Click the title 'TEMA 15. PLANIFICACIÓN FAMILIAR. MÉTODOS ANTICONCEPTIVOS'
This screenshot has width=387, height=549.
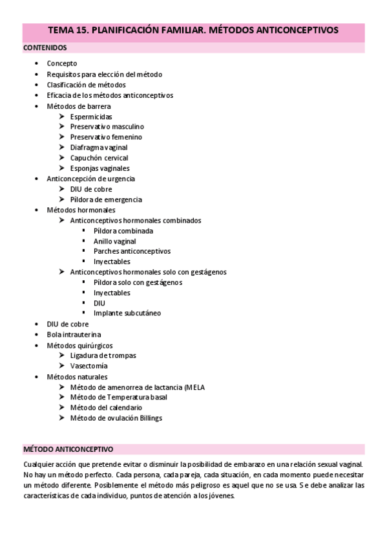point(193,30)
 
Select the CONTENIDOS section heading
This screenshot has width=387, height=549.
point(45,48)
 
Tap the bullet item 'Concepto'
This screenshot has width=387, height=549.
point(62,63)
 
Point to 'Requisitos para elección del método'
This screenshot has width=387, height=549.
point(104,74)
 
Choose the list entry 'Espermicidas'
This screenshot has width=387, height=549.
point(91,117)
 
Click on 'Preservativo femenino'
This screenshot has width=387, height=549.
point(106,137)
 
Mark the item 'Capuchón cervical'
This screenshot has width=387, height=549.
point(99,158)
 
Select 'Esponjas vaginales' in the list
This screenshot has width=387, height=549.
point(99,168)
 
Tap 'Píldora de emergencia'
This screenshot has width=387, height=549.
point(106,199)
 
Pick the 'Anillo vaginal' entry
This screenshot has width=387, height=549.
point(114,241)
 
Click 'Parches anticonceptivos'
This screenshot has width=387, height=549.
point(132,251)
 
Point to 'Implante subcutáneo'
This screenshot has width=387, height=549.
point(127,313)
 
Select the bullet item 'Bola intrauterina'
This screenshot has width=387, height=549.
point(74,335)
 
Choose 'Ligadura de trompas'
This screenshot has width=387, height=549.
point(103,355)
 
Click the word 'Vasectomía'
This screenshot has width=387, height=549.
point(89,366)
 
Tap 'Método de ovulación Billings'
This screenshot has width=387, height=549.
point(116,418)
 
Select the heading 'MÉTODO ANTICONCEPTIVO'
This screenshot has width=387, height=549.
point(68,449)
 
